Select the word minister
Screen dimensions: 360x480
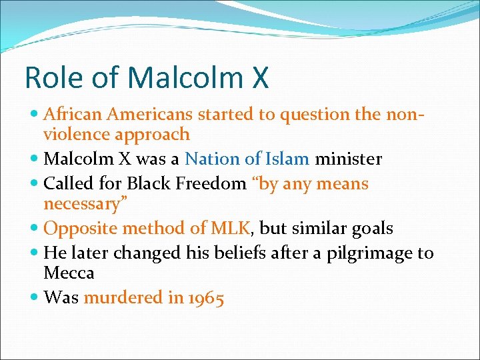coord(349,159)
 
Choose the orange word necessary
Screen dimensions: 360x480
coord(85,203)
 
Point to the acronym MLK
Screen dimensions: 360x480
coord(231,228)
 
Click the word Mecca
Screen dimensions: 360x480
coord(69,273)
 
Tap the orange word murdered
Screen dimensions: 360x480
coord(123,297)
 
